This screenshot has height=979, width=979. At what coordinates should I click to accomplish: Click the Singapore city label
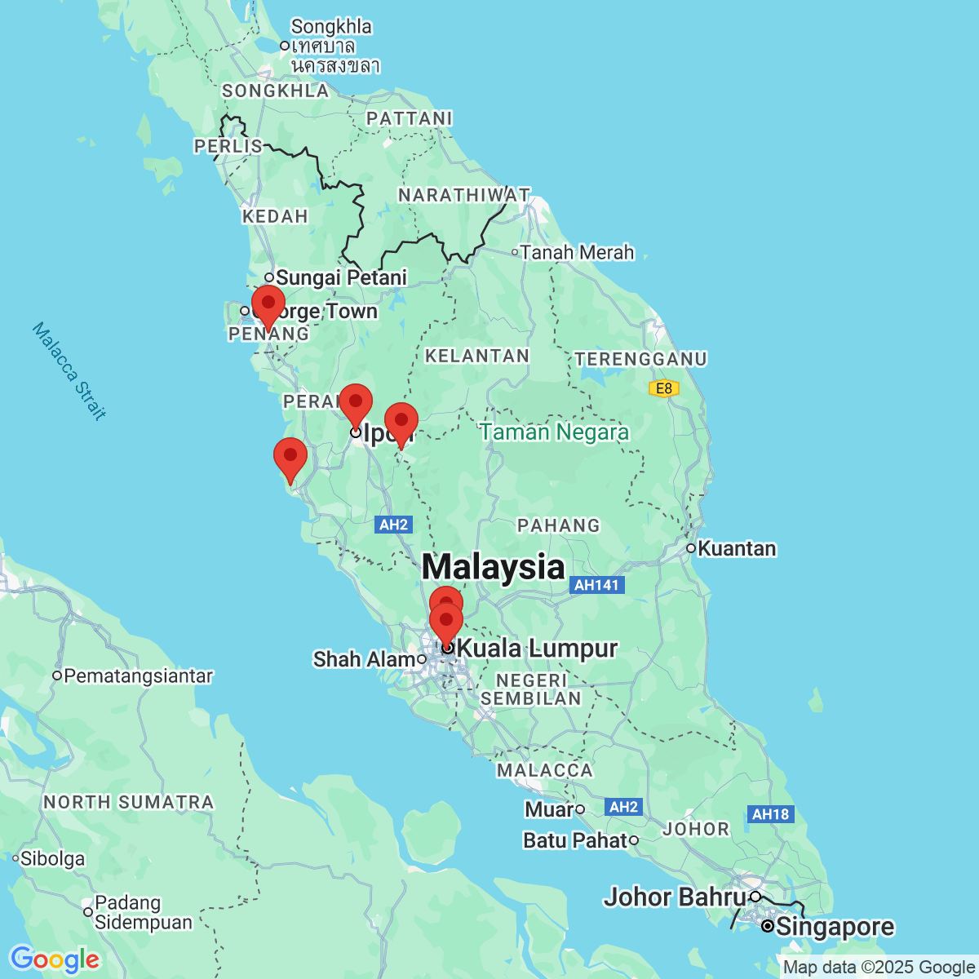[x=835, y=927]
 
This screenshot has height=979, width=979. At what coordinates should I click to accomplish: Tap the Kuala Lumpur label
[x=536, y=649]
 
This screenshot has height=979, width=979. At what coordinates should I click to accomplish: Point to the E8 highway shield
[x=664, y=388]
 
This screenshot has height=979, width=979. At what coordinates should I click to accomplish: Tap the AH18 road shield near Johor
[x=770, y=813]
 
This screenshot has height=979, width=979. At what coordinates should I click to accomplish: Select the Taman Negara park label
[x=554, y=432]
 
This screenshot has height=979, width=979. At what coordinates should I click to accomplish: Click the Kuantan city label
[x=737, y=548]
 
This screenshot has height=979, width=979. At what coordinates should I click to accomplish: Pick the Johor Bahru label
[x=675, y=897]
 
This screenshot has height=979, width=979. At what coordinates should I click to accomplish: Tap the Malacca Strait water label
[x=69, y=371]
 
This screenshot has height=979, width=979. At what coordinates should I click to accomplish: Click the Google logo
[x=55, y=959]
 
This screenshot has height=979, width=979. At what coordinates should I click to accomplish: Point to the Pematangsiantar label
[x=138, y=676]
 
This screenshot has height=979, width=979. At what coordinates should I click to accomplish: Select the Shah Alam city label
[x=365, y=659]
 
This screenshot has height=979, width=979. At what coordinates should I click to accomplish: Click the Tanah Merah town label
[x=577, y=253]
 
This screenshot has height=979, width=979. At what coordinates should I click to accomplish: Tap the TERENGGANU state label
[x=640, y=359]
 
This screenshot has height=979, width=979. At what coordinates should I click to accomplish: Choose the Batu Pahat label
[x=575, y=839]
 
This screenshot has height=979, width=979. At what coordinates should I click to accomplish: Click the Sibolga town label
[x=52, y=858]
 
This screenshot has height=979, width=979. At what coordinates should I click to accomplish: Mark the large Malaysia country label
[x=493, y=567]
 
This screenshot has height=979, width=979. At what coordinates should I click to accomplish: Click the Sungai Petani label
[x=341, y=278]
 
